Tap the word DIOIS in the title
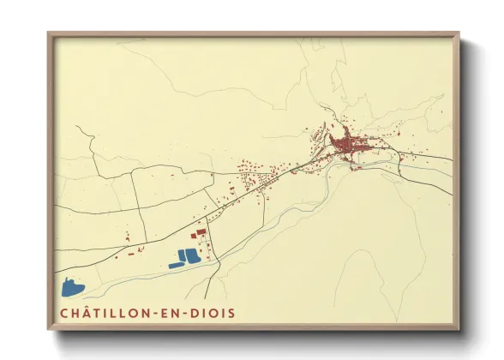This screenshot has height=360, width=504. point(212,313)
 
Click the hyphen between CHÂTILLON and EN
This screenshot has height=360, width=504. point(160,314)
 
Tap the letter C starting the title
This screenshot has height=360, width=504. point(64,313)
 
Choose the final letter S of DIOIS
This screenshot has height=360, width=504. point(231,313)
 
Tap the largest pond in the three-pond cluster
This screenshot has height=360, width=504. point(191,255)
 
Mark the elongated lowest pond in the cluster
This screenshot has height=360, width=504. point(177,265)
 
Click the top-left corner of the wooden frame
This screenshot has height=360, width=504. point(49,34)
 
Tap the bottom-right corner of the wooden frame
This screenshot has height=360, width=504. point(459,329)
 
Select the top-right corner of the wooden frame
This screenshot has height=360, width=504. point(459,34)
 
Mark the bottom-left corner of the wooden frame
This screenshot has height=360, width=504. point(49,329)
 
